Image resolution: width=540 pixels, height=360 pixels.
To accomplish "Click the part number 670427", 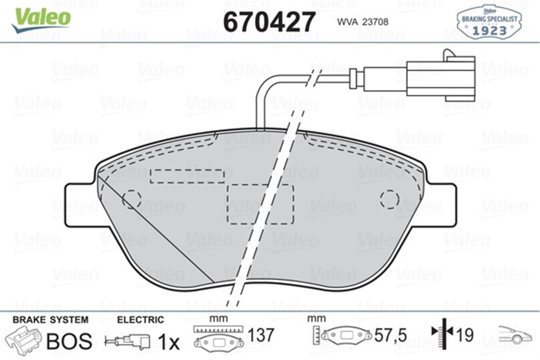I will (x=269, y=20).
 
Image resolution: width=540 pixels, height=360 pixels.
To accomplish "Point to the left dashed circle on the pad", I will (x=132, y=199).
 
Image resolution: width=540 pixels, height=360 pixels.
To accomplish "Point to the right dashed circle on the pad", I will (x=389, y=199).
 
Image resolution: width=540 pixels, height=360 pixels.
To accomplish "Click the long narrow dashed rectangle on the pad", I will (x=187, y=176).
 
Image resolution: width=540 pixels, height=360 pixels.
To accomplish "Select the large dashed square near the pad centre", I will (x=260, y=204).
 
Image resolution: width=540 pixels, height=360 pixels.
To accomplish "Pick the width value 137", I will (x=261, y=335).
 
